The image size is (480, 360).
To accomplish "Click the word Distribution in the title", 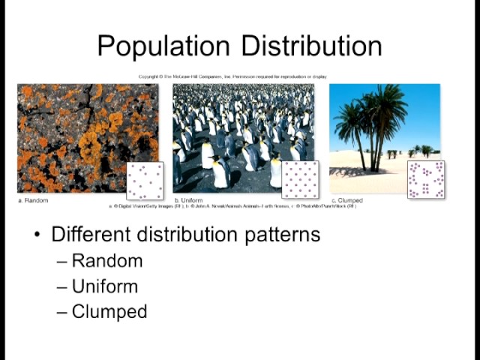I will [x=309, y=46].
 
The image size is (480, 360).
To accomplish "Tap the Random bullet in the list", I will [x=106, y=261].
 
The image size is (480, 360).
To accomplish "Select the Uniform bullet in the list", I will [x=105, y=286].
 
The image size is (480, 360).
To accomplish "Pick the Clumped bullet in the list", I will [x=109, y=311].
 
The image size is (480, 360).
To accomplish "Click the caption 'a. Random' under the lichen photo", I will [x=33, y=200].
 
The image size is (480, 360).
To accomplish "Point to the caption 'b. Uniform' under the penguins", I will [x=189, y=200].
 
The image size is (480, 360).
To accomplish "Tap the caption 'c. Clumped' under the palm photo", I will [x=347, y=200].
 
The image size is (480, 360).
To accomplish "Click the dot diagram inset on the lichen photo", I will [x=145, y=181].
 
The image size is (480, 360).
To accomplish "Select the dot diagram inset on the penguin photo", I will [x=300, y=180].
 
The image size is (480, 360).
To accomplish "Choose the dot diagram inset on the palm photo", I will [x=426, y=180].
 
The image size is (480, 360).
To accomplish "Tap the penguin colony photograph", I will [x=232, y=127].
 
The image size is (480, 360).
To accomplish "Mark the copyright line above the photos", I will [x=232, y=76].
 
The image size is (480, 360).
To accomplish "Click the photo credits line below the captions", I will [x=233, y=206].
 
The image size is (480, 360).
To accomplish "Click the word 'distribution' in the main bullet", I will [x=184, y=234].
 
